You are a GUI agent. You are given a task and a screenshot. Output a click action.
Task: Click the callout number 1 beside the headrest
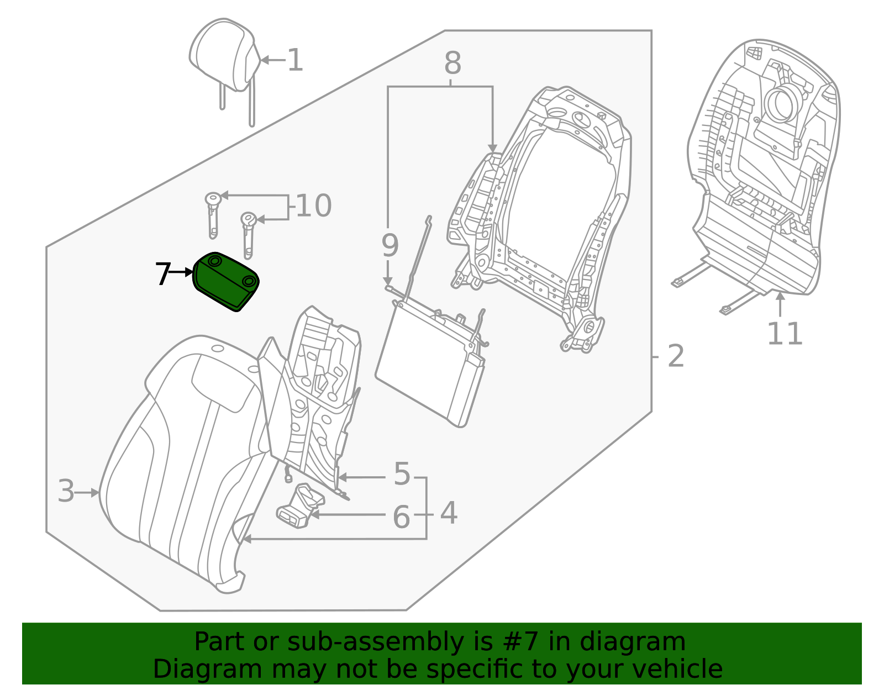[296, 60]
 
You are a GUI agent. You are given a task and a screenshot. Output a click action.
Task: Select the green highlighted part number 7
[225, 282]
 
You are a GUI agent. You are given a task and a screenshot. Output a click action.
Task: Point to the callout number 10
[313, 206]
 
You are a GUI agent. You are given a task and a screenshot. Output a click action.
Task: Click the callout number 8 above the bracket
[452, 64]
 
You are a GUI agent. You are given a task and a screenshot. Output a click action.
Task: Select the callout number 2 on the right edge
[676, 356]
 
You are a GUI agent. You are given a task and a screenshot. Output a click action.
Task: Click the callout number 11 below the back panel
[785, 334]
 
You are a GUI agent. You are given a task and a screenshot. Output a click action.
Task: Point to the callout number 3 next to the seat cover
[66, 491]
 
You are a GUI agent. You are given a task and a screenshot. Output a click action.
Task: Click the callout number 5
[402, 474]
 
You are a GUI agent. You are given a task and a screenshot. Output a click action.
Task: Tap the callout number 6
[401, 518]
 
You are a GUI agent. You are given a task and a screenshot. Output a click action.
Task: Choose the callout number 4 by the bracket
[449, 513]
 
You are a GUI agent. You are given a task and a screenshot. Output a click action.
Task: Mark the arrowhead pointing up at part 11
[780, 297]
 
